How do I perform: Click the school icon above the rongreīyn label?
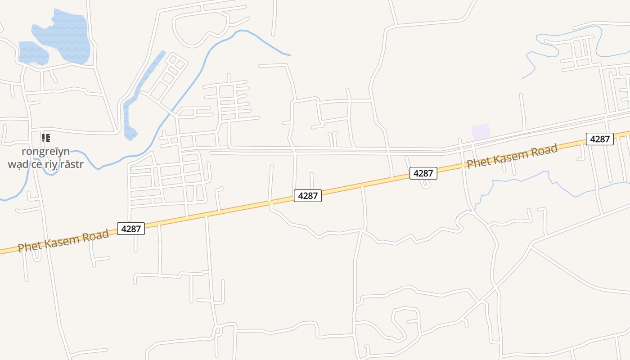[45, 138]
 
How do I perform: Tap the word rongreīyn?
[45, 151]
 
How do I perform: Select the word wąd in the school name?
[18, 164]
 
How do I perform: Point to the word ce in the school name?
[37, 164]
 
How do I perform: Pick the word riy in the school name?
[52, 164]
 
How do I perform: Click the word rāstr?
[72, 164]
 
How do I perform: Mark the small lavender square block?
[481, 132]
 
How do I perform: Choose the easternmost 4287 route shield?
[600, 139]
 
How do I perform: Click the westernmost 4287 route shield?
[131, 229]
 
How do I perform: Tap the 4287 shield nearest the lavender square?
[423, 173]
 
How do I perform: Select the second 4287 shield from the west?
[308, 196]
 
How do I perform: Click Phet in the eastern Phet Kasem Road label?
[477, 162]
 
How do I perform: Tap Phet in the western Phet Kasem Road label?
[27, 246]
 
